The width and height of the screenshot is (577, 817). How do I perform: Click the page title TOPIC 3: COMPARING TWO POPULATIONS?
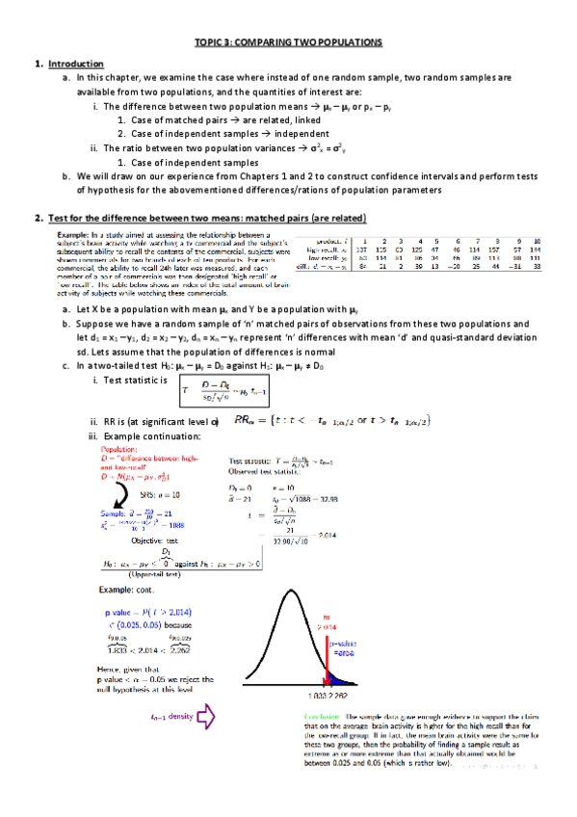pyautogui.click(x=288, y=44)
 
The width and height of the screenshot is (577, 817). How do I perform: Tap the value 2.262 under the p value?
pyautogui.click(x=177, y=647)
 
